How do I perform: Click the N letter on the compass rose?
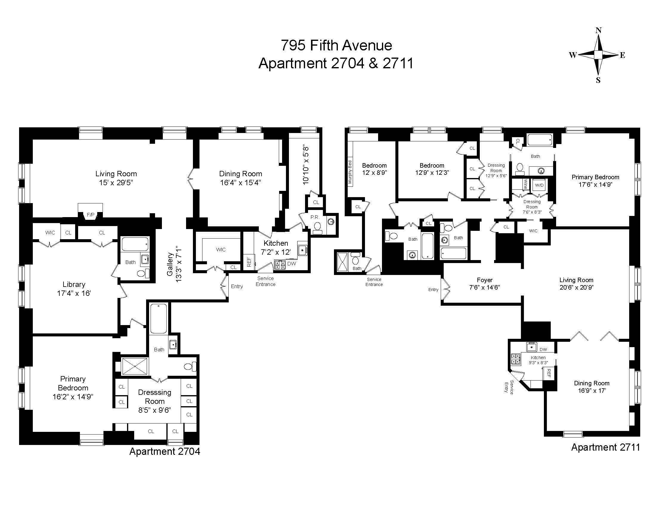point(598,30)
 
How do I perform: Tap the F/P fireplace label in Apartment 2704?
point(90,215)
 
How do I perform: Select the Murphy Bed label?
point(350,172)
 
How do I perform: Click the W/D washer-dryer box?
point(539,185)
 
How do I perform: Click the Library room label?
point(74,284)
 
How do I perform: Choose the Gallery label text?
point(170,264)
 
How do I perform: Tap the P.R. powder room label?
point(315,217)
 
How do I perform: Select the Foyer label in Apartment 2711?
point(485,280)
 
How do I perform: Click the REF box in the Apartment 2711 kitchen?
point(549,373)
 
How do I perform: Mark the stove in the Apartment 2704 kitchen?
point(280,265)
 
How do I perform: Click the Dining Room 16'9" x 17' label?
point(591,387)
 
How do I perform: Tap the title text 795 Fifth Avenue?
point(336,45)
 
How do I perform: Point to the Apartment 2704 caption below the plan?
point(165,451)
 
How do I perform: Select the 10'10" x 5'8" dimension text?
point(306,165)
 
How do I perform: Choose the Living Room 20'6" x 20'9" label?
point(576,284)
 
